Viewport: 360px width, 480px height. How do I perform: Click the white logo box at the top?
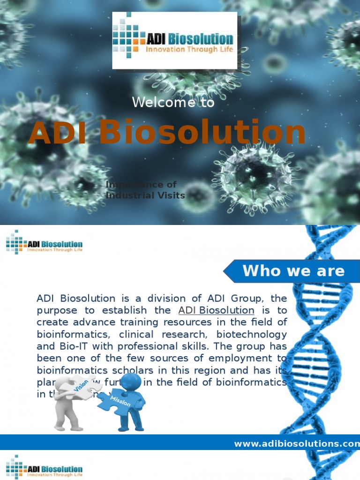[x=174, y=40]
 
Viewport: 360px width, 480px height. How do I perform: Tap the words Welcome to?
[x=173, y=102]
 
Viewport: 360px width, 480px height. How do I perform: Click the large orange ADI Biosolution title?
[x=167, y=132]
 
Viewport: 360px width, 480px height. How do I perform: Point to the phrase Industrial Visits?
[x=146, y=195]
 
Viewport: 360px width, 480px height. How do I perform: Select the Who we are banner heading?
[x=293, y=270]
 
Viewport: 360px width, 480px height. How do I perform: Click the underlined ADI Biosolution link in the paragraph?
[x=216, y=310]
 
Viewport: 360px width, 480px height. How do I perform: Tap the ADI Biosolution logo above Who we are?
[x=45, y=243]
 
